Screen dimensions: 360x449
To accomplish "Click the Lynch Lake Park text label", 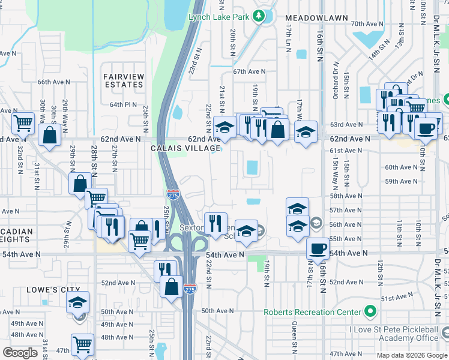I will point(219,17).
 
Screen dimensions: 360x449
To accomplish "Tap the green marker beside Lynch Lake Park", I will point(259,16).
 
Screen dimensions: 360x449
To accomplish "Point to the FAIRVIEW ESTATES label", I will point(124,80).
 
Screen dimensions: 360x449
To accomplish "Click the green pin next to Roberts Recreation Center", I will point(370,311).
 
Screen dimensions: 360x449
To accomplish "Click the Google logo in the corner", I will point(20,353).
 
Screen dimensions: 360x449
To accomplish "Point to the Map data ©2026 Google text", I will point(412,355).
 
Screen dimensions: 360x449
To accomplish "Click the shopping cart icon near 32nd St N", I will point(23,124).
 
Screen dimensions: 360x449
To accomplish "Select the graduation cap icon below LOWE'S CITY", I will point(77,302).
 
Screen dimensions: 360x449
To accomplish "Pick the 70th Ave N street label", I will point(367,23).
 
